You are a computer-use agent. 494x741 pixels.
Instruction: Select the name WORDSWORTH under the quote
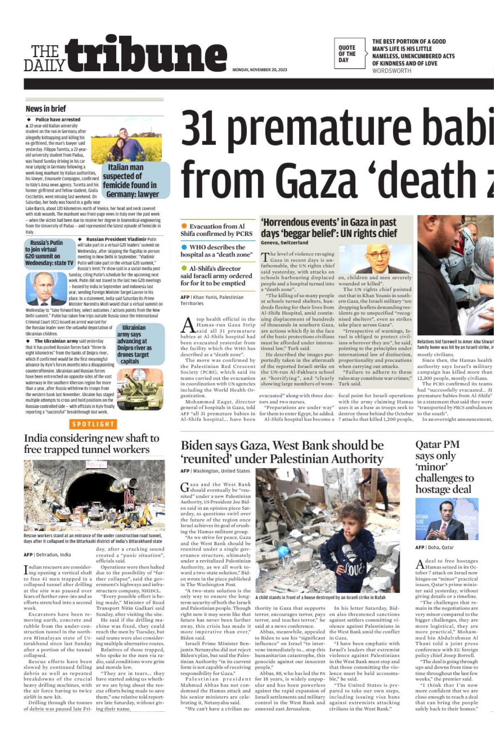(x=391, y=71)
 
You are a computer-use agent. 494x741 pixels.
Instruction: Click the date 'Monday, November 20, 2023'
(x=260, y=70)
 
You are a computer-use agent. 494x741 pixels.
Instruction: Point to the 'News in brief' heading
(x=46, y=109)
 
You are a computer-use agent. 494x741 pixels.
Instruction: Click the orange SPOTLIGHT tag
(x=93, y=424)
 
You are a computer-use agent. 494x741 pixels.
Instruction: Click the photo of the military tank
(x=140, y=389)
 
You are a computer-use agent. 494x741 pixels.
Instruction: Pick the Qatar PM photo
(x=447, y=519)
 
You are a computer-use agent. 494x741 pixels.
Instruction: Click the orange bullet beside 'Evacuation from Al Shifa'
(x=184, y=226)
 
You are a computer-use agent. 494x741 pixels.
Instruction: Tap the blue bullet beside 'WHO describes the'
(x=184, y=247)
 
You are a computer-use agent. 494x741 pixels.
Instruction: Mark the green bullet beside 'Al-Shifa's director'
(x=184, y=268)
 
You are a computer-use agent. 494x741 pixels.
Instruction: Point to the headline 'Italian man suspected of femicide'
(x=130, y=181)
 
